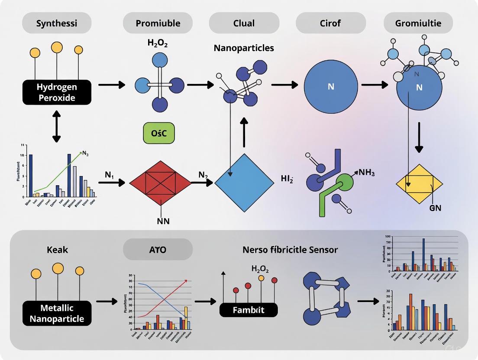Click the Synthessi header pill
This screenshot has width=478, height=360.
pyautogui.click(x=57, y=23)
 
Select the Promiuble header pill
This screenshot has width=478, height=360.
pyautogui.click(x=158, y=23)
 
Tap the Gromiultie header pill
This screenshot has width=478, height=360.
pyautogui.click(x=418, y=23)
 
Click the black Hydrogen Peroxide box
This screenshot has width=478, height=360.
pyautogui.click(x=57, y=92)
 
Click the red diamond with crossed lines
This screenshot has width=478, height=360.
pyautogui.click(x=160, y=183)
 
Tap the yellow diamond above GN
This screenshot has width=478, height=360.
pyautogui.click(x=420, y=184)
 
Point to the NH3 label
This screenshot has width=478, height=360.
pyautogui.click(x=366, y=173)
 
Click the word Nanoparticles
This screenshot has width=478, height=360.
pyautogui.click(x=244, y=48)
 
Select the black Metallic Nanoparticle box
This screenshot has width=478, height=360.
pyautogui.click(x=57, y=314)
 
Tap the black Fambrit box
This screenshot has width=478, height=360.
pyautogui.click(x=248, y=310)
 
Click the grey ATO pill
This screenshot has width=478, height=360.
pyautogui.click(x=158, y=250)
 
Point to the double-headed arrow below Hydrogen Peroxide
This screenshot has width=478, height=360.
pyautogui.click(x=57, y=126)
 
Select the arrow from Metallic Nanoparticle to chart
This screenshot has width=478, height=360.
pyautogui.click(x=107, y=301)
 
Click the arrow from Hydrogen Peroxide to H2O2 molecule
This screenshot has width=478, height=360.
pyautogui.click(x=111, y=84)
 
